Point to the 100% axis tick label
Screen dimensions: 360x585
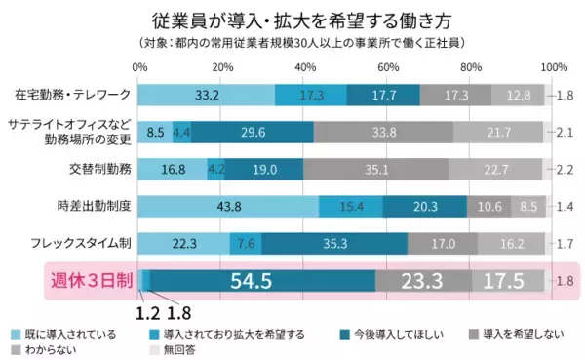click(553, 67)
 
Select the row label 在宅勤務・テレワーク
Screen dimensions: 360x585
click(74, 95)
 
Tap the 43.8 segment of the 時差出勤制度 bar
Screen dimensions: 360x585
click(229, 206)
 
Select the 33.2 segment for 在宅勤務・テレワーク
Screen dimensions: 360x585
click(207, 95)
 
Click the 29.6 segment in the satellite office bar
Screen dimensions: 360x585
click(253, 132)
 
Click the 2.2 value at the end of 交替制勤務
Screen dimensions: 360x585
click(563, 169)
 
